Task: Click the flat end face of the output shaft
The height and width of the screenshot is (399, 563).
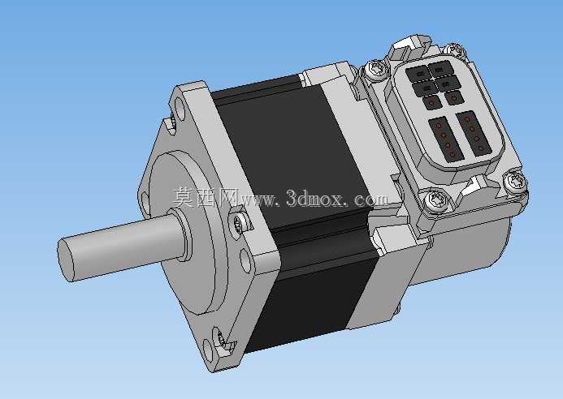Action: [67, 260]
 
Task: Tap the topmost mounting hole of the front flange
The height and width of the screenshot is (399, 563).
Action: [180, 105]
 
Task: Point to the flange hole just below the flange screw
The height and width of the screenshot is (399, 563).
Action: [245, 261]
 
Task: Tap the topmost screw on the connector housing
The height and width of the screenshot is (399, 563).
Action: [455, 50]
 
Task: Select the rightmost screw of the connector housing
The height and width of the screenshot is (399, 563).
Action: [514, 182]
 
